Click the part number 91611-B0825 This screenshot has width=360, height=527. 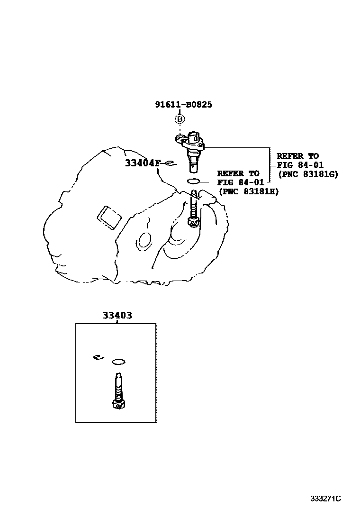183,104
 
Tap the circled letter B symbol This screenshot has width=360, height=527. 180,119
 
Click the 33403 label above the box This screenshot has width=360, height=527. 117,316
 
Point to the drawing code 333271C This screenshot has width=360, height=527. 326,499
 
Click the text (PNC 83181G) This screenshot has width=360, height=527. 308,174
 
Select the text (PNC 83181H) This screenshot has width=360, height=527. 249,191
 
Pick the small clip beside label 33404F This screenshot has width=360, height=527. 170,164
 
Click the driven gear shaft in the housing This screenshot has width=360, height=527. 194,204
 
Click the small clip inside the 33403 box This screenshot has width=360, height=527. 98,357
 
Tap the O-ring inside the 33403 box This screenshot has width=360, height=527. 118,363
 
